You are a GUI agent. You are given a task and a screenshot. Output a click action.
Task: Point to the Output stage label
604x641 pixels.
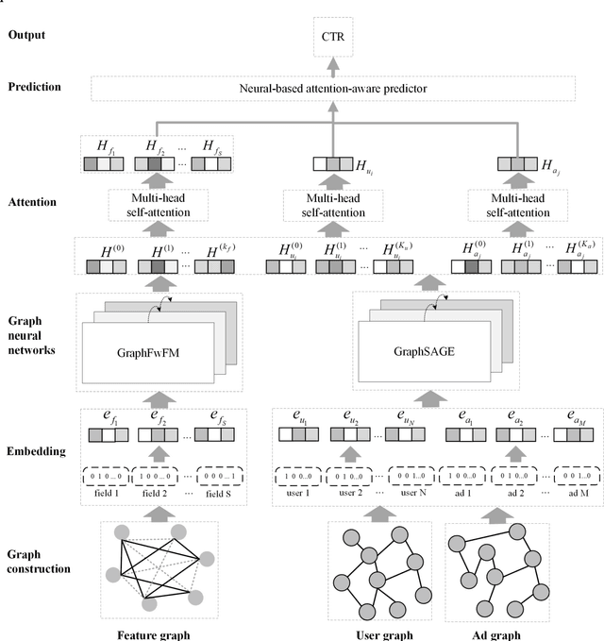click(27, 35)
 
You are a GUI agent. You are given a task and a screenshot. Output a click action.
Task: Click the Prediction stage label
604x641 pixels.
click(35, 86)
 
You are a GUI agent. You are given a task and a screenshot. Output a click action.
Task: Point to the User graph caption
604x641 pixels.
click(384, 633)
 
